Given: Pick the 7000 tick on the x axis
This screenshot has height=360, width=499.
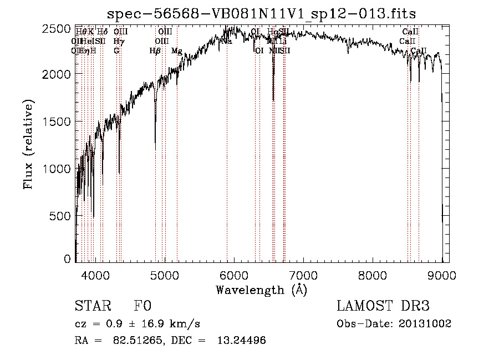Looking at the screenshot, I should (303, 275).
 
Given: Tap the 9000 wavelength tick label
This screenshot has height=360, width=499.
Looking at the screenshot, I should (442, 275).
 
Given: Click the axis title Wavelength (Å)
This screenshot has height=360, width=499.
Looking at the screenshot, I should (261, 290).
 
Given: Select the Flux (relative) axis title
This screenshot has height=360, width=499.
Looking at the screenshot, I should (28, 144).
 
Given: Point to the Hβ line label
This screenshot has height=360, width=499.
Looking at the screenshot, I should (155, 50).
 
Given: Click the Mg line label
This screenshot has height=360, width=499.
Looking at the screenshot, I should (176, 50).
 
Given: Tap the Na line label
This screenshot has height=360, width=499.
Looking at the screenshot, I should (226, 41).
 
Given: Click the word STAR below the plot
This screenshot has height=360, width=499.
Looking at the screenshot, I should (92, 306).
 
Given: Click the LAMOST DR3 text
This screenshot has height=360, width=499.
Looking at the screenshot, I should (383, 306).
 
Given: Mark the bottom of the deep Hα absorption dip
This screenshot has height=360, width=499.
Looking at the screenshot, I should (273, 100).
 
